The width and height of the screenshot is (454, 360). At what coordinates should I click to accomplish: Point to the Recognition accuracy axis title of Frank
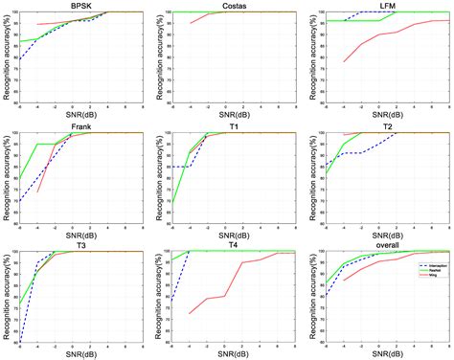click(6, 178)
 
